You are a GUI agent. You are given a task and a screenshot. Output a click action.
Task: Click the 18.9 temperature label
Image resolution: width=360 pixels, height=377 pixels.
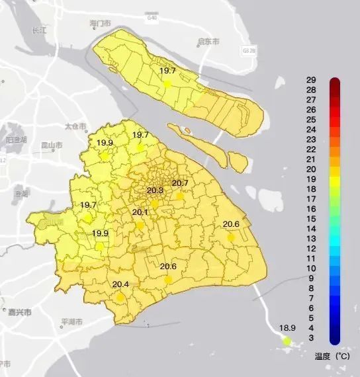click(x=287, y=328)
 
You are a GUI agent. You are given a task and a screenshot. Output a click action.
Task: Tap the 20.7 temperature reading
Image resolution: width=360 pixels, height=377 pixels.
click(x=180, y=183)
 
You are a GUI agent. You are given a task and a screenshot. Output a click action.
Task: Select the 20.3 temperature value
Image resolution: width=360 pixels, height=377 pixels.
click(x=155, y=190)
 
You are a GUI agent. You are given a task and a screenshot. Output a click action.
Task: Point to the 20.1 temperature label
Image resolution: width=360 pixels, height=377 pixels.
click(x=140, y=212)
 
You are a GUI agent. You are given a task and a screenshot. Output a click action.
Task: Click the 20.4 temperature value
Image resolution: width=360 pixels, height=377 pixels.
click(x=120, y=285)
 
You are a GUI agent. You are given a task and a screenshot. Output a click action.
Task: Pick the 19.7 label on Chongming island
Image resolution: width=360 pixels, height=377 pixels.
click(x=167, y=71)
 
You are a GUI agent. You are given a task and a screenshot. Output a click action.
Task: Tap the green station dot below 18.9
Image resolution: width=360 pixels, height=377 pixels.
click(x=287, y=341)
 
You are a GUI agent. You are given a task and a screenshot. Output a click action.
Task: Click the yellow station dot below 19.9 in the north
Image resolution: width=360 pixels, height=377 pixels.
click(x=105, y=155)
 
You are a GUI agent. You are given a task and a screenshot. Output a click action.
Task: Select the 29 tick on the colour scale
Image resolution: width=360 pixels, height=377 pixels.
click(x=310, y=80)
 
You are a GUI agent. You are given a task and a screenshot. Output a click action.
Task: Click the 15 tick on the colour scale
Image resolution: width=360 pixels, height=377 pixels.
click(x=310, y=219)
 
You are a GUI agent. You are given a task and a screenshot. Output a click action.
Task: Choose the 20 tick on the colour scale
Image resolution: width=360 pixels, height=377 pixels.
click(x=310, y=169)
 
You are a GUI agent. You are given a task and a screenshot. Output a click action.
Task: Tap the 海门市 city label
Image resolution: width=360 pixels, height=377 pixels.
click(x=100, y=23)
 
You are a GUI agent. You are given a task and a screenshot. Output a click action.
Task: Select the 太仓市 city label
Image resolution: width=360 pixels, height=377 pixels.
click(x=76, y=126)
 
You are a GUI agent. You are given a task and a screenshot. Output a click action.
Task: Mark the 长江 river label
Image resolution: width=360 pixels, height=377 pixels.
click(x=40, y=30)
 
